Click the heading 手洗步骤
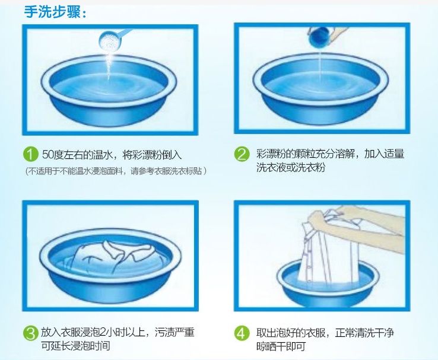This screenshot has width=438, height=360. (55, 12)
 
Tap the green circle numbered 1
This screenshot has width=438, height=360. (30, 154)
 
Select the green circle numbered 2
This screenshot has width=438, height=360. (242, 154)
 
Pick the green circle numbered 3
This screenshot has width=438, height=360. (30, 333)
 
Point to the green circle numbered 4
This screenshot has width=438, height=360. (242, 333)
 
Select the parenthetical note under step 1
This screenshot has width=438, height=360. (116, 171)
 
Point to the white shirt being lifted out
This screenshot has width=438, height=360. (327, 251)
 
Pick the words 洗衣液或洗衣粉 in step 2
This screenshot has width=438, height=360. (291, 167)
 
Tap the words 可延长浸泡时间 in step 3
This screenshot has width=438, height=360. (75, 346)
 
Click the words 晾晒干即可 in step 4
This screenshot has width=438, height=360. (281, 346)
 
